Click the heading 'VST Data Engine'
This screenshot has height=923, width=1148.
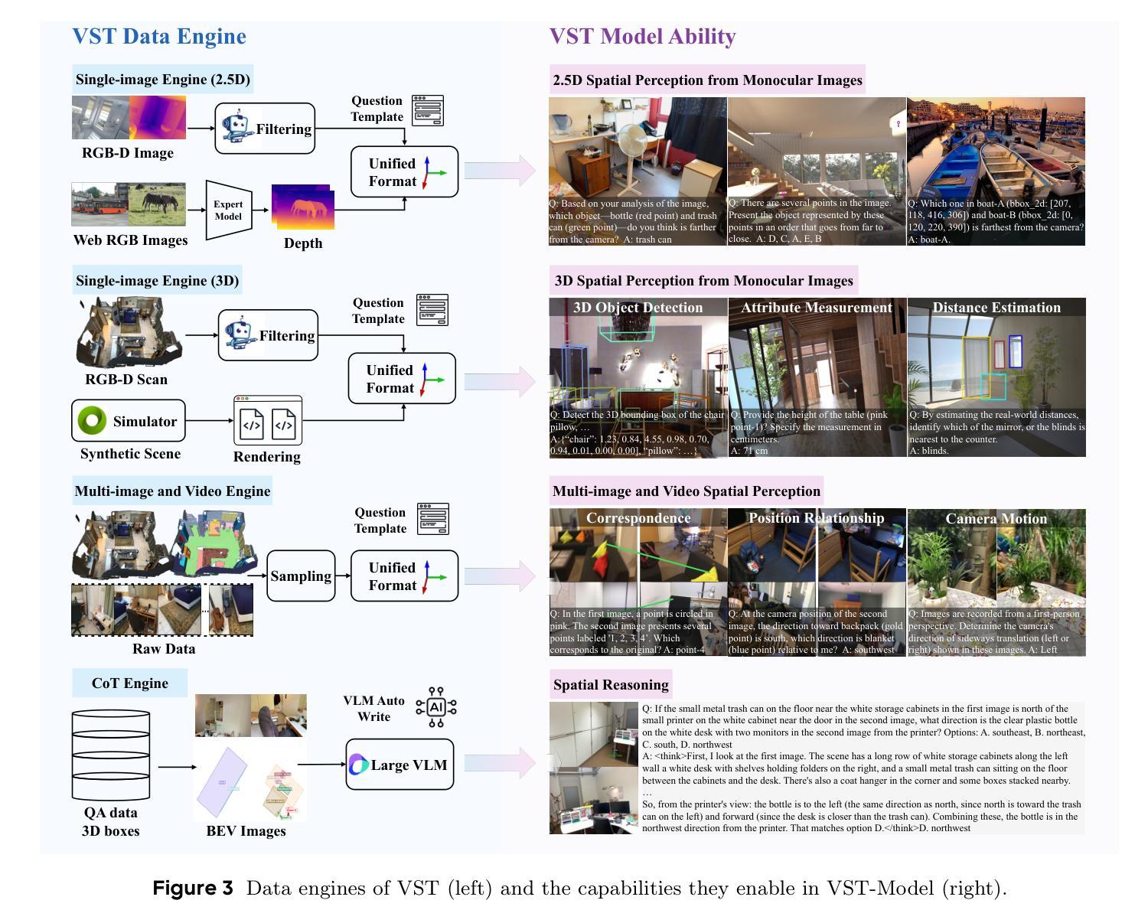[159, 37]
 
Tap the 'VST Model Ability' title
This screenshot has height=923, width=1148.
[642, 37]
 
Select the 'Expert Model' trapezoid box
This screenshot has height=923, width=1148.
[228, 210]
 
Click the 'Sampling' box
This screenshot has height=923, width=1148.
[301, 576]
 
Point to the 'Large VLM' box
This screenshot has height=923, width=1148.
[400, 765]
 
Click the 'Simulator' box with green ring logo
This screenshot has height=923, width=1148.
[129, 421]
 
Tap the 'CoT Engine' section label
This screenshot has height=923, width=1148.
[129, 683]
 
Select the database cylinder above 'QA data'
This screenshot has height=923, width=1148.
[111, 755]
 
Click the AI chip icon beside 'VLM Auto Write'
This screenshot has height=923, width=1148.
[436, 706]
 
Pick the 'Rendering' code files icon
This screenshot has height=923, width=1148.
[268, 422]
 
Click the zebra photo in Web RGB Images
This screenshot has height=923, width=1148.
[157, 204]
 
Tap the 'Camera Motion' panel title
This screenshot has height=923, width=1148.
[996, 519]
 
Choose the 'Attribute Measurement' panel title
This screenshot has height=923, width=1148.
[817, 308]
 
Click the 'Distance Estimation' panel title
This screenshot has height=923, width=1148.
[996, 308]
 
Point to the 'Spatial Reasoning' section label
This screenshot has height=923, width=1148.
[611, 684]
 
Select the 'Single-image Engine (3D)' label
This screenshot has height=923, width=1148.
[158, 281]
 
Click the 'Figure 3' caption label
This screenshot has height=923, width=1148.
[193, 889]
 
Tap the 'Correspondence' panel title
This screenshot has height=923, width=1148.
[638, 518]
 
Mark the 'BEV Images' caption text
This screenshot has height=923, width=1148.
[246, 831]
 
